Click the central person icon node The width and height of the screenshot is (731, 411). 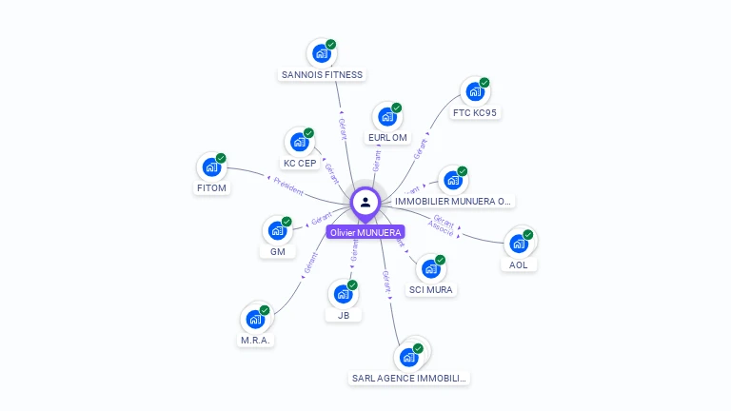pyautogui.click(x=365, y=202)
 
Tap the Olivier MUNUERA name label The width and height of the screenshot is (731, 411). pyautogui.click(x=365, y=232)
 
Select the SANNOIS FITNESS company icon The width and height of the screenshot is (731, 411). pyautogui.click(x=322, y=53)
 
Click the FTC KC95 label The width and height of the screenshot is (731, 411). pyautogui.click(x=475, y=113)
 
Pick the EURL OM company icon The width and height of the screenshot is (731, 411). pyautogui.click(x=386, y=117)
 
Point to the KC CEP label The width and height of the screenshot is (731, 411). pyautogui.click(x=300, y=164)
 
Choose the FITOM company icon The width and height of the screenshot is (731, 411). pyautogui.click(x=211, y=167)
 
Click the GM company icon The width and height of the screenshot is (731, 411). pyautogui.click(x=277, y=230)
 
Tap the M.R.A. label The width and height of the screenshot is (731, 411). pyautogui.click(x=255, y=341)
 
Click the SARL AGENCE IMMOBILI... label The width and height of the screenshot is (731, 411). pyautogui.click(x=410, y=379)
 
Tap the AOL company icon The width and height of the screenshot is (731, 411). pyautogui.click(x=518, y=244)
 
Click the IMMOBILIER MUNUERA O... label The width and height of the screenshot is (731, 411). pyautogui.click(x=454, y=202)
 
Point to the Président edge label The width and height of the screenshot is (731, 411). pyautogui.click(x=288, y=186)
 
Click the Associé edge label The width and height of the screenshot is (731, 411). pyautogui.click(x=441, y=229)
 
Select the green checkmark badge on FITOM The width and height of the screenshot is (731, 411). pyautogui.click(x=221, y=158)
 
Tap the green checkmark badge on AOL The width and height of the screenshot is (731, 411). pyautogui.click(x=528, y=234)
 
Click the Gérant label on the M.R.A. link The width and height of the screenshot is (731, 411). pyautogui.click(x=309, y=265)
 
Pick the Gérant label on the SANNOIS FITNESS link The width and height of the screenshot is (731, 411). pyautogui.click(x=343, y=129)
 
